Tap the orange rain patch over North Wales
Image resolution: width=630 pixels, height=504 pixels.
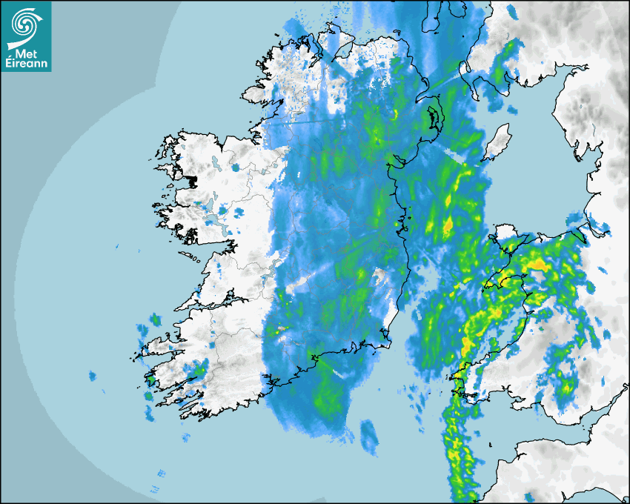[x=537, y=264]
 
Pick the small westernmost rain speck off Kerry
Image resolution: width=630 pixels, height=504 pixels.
[x=93, y=377]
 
